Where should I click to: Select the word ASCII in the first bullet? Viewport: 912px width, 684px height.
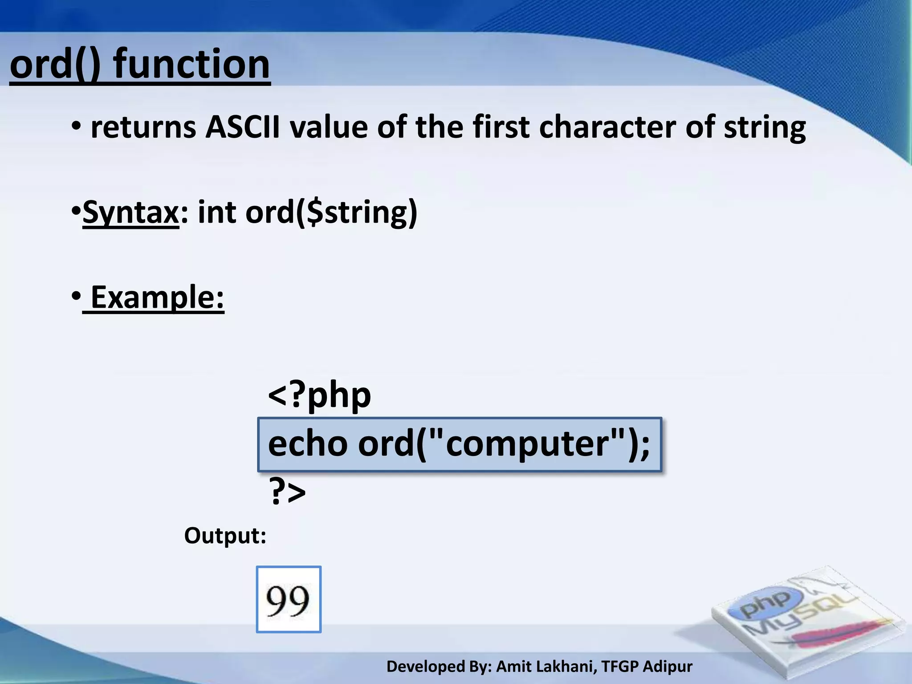[x=243, y=128]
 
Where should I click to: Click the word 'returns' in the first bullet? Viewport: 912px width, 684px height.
[x=143, y=128]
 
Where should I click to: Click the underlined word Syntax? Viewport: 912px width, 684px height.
[x=130, y=213]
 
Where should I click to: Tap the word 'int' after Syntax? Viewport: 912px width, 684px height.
[x=217, y=213]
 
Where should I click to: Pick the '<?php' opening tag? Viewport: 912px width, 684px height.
[x=319, y=395]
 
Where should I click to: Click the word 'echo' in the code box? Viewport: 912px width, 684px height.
[x=308, y=444]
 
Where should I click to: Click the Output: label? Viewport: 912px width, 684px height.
[x=225, y=536]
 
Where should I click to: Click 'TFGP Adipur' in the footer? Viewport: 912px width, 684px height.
[x=647, y=667]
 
